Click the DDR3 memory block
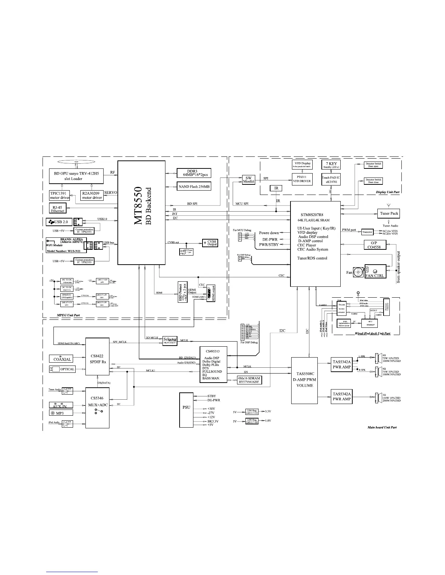coord(194,173)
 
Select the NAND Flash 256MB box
coord(194,186)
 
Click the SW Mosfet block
coord(249,180)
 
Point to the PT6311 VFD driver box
coord(302,179)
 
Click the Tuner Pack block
coord(389,213)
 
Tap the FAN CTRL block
coord(374,271)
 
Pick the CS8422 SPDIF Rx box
coord(97,356)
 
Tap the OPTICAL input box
coord(62,369)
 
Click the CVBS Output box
coord(210,243)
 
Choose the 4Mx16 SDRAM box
coord(249,380)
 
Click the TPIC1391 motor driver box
coord(59,195)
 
